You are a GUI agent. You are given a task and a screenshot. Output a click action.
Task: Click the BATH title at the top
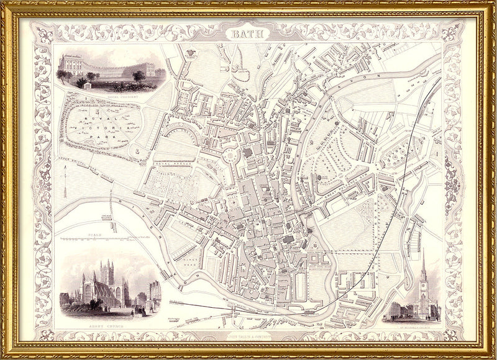tap(248, 35)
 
